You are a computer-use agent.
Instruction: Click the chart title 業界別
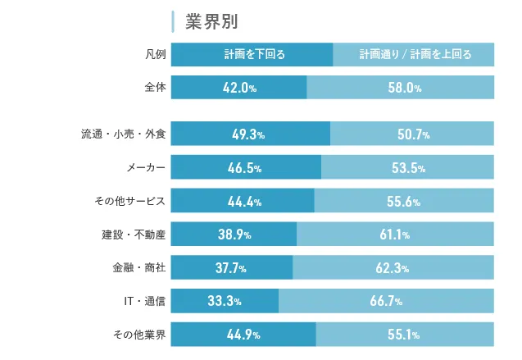(x=211, y=21)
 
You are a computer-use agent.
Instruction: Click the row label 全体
(x=154, y=88)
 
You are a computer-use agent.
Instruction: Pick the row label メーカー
(x=146, y=168)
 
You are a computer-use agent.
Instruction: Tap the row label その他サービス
(x=131, y=201)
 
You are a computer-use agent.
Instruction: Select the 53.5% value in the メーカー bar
(x=408, y=168)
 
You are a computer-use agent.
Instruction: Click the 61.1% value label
(x=395, y=235)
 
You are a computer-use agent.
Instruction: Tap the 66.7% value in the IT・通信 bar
(x=386, y=301)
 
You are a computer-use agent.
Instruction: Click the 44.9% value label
(x=244, y=334)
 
